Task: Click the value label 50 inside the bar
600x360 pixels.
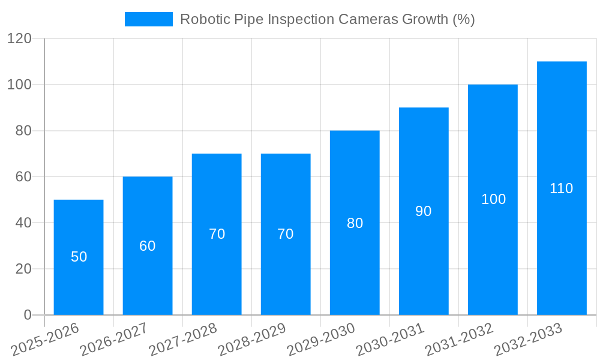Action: [79, 257]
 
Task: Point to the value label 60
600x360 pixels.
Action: [148, 246]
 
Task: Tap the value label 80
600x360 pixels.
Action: [355, 223]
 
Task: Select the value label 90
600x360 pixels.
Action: [424, 211]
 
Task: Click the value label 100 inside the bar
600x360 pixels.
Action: [494, 199]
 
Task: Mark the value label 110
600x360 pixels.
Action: [562, 188]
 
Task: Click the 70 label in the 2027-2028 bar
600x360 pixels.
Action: [217, 234]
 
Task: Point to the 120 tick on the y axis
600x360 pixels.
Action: [19, 38]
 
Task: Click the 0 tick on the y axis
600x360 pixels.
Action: [28, 315]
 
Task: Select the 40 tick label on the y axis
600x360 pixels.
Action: [23, 223]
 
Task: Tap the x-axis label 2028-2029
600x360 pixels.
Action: [252, 340]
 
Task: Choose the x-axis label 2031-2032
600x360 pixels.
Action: [459, 340]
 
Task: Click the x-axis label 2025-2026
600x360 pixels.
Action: [45, 340]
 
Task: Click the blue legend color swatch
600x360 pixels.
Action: [148, 19]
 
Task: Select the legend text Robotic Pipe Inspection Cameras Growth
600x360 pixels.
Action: [327, 19]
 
